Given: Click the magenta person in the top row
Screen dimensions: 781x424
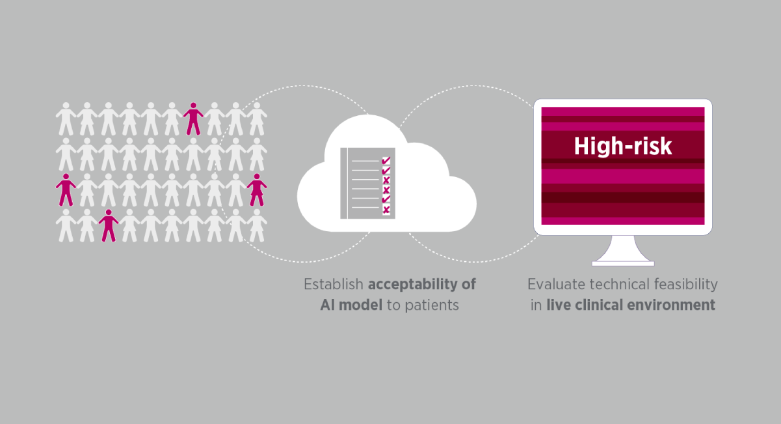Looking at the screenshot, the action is pyautogui.click(x=193, y=119).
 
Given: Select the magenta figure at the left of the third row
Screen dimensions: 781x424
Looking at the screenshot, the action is pyautogui.click(x=66, y=190).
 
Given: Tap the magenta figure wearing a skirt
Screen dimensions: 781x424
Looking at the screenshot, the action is pyautogui.click(x=257, y=190).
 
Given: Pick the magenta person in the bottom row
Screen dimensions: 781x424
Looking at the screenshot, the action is pyautogui.click(x=109, y=225).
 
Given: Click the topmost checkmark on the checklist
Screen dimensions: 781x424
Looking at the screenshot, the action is pyautogui.click(x=386, y=161).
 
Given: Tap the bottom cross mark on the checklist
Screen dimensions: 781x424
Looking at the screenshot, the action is pyautogui.click(x=386, y=210).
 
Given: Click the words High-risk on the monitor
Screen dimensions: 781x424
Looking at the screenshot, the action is pyautogui.click(x=623, y=147).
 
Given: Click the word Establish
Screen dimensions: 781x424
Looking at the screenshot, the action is pyautogui.click(x=334, y=285).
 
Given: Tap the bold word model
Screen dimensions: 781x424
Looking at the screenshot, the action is pyautogui.click(x=360, y=305).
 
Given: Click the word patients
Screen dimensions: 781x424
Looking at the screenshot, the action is pyautogui.click(x=432, y=306).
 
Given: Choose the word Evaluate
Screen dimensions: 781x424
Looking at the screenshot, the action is pyautogui.click(x=557, y=285).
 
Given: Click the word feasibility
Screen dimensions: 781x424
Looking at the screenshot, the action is pyautogui.click(x=686, y=285).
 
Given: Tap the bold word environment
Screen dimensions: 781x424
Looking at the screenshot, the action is pyautogui.click(x=671, y=305).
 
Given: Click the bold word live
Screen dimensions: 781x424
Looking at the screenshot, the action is pyautogui.click(x=559, y=305).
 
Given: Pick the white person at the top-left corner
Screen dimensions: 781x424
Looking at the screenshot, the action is pyautogui.click(x=66, y=119).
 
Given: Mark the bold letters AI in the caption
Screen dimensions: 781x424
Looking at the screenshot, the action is pyautogui.click(x=328, y=305).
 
